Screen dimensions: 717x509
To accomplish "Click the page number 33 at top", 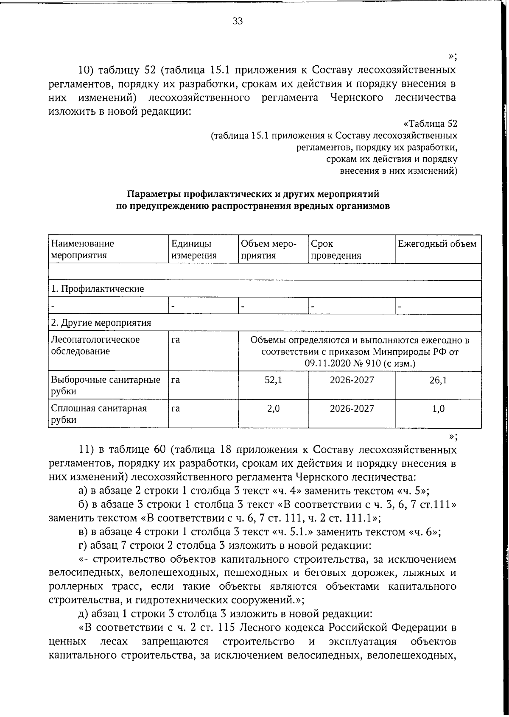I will tap(238, 22).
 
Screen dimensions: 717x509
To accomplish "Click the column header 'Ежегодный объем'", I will tap(437, 244).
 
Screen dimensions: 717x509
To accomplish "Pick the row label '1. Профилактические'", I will tap(97, 289).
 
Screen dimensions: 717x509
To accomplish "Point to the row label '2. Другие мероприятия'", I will tap(101, 323).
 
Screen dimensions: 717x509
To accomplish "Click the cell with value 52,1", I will tap(273, 380).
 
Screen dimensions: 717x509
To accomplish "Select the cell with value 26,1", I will tap(438, 380).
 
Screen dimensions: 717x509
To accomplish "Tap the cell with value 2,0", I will tap(273, 409).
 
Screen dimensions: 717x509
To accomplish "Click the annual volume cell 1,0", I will tap(438, 409).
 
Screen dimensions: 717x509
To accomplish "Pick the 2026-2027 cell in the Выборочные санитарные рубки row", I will tap(352, 380).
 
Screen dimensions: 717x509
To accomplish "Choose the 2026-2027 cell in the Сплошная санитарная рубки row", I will tap(352, 409).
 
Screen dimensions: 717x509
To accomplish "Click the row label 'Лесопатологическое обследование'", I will tap(95, 346).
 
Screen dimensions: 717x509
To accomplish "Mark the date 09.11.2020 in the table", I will tap(327, 363).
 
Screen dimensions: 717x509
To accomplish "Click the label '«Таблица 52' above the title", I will tap(430, 124).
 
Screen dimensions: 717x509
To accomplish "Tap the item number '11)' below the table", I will tap(89, 449).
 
